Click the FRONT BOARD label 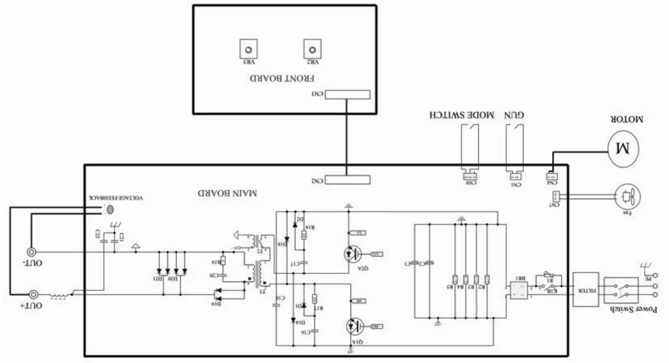pos(282,79)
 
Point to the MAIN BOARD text pos(227,193)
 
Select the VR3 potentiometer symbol pos(249,49)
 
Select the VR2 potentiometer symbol pos(312,49)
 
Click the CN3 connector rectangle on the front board pos(348,95)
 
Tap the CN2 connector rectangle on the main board pos(348,180)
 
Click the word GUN pos(514,115)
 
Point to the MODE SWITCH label pos(461,115)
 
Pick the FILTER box pos(586,290)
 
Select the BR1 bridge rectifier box pos(518,290)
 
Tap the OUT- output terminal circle pos(32,252)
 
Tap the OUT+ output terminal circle pos(33,295)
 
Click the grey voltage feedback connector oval pos(110,209)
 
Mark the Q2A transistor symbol pos(352,253)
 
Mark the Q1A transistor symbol pos(354,326)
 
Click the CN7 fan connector pos(556,196)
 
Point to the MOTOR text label pos(627,119)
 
